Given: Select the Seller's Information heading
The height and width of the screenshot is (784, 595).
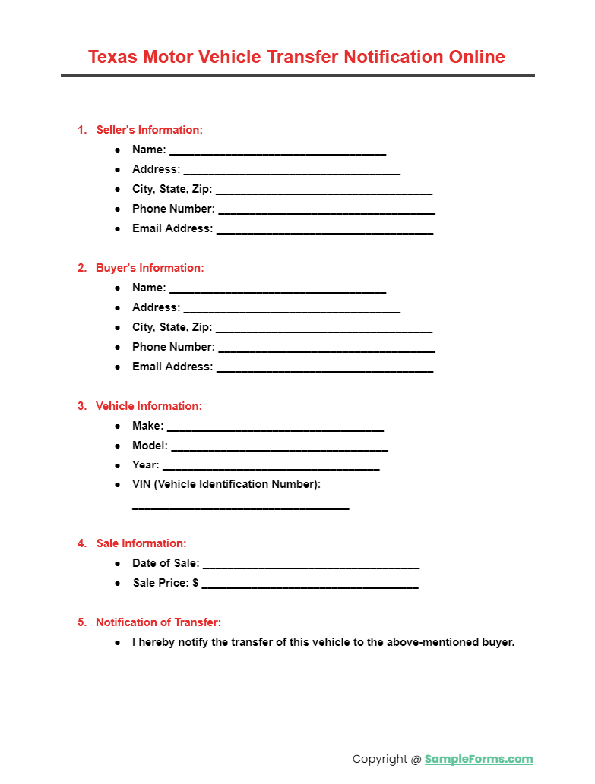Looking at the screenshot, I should tap(149, 130).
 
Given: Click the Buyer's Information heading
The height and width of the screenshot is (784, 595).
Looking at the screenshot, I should tap(150, 268).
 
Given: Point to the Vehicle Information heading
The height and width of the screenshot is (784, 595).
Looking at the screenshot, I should tap(148, 406).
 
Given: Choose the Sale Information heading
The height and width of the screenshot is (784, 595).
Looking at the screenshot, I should tap(141, 543).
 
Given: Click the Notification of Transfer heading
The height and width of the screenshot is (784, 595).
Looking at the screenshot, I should tap(158, 622).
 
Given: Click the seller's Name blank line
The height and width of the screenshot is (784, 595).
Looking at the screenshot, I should tap(277, 152).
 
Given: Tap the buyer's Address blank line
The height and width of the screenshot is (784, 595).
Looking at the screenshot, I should tap(292, 310).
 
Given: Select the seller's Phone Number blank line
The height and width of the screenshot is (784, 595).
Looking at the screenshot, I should tap(326, 211).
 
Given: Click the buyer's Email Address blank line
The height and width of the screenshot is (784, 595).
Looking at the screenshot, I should tap(324, 369).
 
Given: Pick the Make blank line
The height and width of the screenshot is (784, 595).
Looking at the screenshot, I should tap(275, 428).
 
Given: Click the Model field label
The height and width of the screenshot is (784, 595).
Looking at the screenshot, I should tap(150, 446).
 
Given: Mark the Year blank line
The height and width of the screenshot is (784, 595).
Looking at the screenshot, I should tap(271, 468).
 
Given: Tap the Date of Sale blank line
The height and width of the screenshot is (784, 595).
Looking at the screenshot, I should tap(311, 565).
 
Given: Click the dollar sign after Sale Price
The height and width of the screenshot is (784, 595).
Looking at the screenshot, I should tap(195, 583).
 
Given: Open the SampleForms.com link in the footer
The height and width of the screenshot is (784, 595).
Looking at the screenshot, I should tap(479, 759).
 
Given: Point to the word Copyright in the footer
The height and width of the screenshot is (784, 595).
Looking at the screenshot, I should tap(380, 759).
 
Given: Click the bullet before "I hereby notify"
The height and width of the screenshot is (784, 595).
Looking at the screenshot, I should tap(118, 642).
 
